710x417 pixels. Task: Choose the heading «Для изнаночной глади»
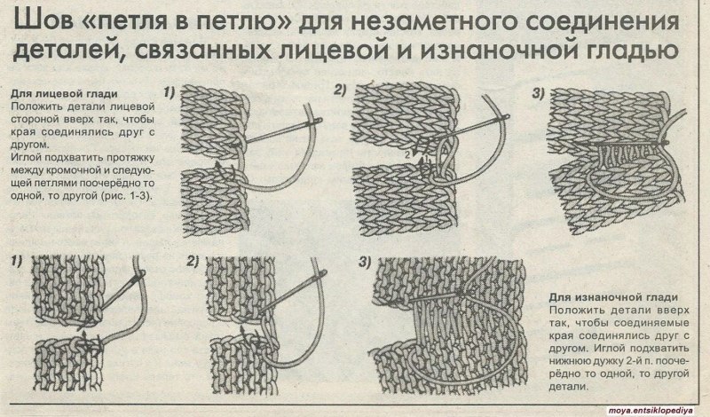coord(613,296)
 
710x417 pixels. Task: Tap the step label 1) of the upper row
coord(170,91)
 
